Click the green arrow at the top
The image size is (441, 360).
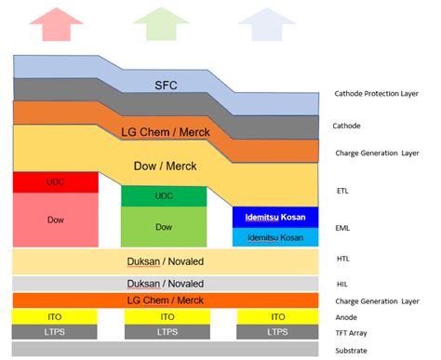point(164,21)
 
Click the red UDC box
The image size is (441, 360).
point(56,182)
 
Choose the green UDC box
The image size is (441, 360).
point(164,196)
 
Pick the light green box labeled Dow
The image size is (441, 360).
point(164,226)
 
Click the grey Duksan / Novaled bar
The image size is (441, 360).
point(166,283)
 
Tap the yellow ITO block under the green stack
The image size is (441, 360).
point(164,316)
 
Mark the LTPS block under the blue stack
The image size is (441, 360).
point(277,331)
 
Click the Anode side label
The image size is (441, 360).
point(346,316)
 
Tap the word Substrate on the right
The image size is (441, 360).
point(351,350)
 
